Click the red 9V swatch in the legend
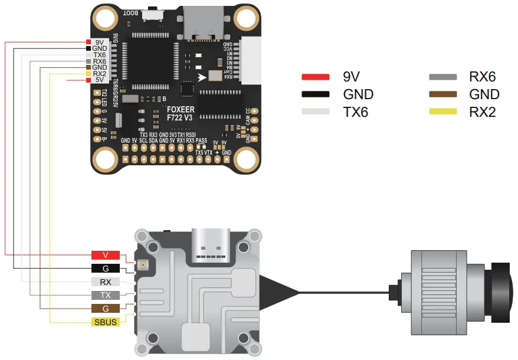point(315,77)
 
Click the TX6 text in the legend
point(355,112)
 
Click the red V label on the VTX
point(106,255)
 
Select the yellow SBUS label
point(106,322)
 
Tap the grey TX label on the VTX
point(106,295)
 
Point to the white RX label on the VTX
point(106,282)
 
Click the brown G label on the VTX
point(106,309)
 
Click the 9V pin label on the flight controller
point(99,42)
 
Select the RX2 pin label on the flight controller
point(99,74)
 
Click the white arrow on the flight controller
point(202,77)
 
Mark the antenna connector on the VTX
point(142,266)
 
